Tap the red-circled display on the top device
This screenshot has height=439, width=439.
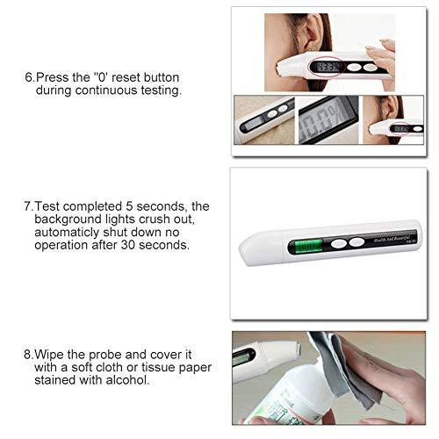pos(330,66)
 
